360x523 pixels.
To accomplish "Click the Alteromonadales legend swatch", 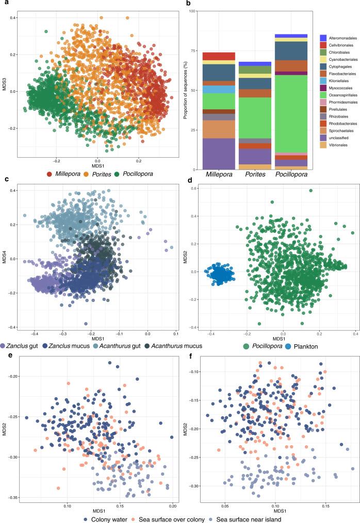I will [x=323, y=38].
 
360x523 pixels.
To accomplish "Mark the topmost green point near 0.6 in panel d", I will [x=310, y=191].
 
